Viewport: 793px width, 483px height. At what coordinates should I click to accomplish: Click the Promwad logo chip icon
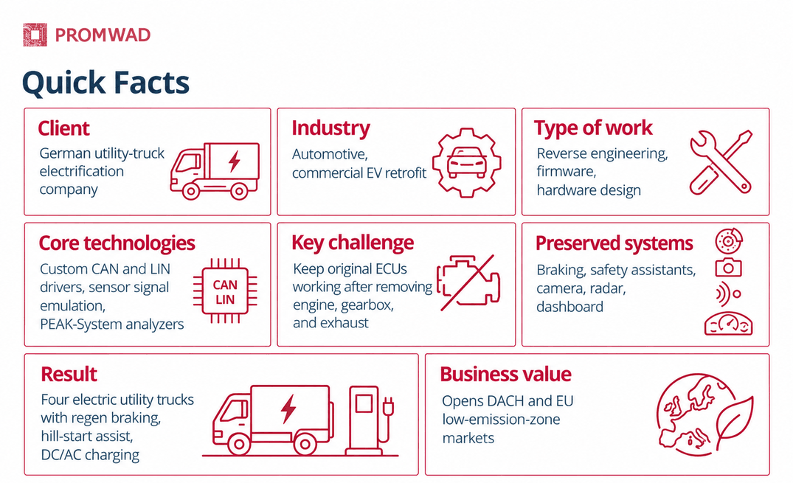35,35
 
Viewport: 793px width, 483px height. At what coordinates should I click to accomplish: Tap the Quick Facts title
105,83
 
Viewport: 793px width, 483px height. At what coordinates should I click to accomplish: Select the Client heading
63,128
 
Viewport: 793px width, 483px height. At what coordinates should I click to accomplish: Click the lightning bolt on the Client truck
234,161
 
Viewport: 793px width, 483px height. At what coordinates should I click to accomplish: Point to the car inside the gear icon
467,161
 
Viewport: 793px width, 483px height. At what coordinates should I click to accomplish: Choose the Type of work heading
593,128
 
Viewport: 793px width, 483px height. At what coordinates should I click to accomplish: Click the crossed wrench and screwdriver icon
721,161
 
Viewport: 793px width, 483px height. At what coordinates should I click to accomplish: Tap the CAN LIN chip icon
225,291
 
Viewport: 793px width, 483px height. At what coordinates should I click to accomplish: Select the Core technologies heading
117,243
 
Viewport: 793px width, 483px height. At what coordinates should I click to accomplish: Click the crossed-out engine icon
468,282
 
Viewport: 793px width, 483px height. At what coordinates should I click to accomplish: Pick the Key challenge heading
353,243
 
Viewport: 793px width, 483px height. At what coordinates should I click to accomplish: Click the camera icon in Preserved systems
728,267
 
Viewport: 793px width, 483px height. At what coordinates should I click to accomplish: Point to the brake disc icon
728,241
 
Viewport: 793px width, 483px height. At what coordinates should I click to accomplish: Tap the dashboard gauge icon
728,324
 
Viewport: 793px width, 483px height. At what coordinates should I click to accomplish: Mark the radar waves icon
728,293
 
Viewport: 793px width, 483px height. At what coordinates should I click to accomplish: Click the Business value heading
505,375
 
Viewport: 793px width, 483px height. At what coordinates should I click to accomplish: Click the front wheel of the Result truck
239,445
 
